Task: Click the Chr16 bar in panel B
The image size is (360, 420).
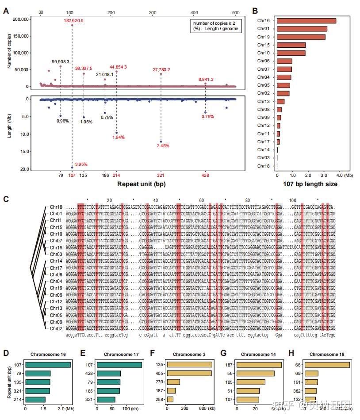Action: tap(306, 20)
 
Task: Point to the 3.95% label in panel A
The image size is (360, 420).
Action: tap(81, 164)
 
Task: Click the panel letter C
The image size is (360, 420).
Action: tap(6, 199)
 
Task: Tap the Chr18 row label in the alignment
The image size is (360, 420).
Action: tap(56, 207)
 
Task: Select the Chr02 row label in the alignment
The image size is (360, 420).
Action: tap(56, 328)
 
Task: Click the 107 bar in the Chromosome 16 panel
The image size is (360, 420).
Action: tap(48, 365)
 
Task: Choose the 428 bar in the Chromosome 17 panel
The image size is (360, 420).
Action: tap(109, 374)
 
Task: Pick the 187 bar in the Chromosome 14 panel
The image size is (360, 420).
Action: tap(259, 365)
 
